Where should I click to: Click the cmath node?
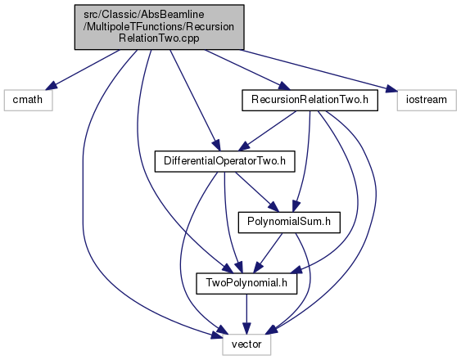[28, 100]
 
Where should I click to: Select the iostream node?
[427, 100]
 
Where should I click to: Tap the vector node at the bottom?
[246, 344]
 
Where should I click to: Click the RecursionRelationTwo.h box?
[310, 100]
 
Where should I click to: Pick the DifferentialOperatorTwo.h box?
[224, 161]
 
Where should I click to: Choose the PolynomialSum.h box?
[289, 223]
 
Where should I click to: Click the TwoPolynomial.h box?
[246, 283]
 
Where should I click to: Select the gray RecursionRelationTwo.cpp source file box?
[160, 27]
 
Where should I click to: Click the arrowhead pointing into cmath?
[51, 86]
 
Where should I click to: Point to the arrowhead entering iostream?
[391, 88]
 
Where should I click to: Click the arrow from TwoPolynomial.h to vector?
[246, 314]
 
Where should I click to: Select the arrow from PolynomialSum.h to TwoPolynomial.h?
[268, 253]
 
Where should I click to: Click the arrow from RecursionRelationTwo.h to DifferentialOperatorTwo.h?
[269, 130]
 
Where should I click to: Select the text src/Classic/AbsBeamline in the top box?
[144, 15]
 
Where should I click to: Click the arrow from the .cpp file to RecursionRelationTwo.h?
[247, 70]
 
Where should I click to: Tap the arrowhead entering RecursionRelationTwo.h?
[284, 87]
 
